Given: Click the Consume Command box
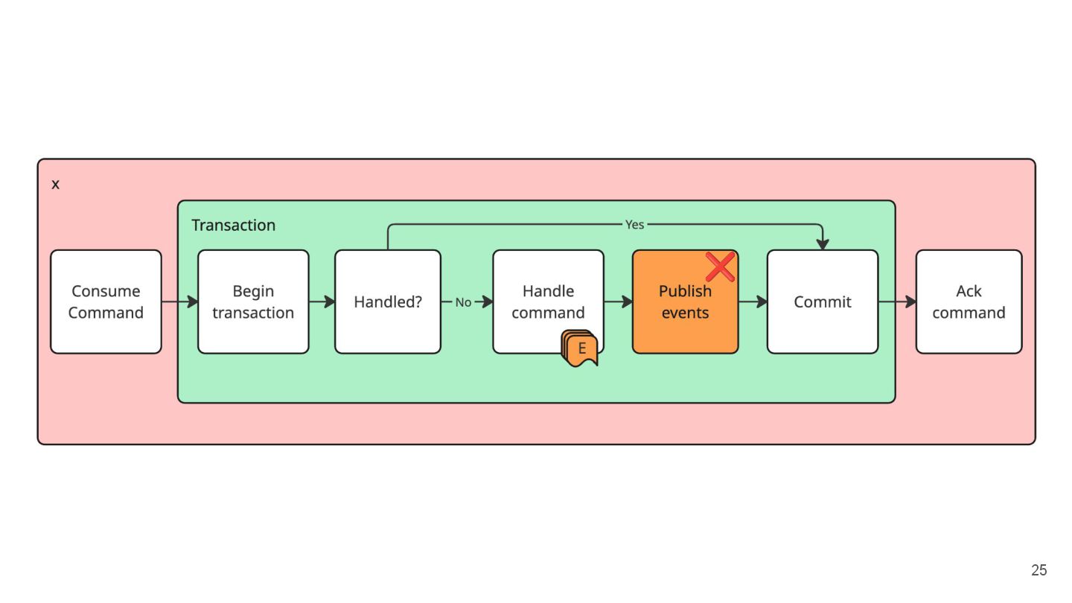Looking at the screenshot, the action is click(x=106, y=302).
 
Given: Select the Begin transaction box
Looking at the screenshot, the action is click(x=253, y=302).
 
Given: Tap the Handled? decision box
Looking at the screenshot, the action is click(x=388, y=302).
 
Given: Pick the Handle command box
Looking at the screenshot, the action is click(x=548, y=302).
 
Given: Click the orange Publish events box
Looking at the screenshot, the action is click(x=685, y=302).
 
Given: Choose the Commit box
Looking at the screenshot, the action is click(x=822, y=302).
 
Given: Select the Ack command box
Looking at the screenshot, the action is click(x=969, y=302).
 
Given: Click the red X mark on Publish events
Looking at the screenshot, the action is click(x=720, y=267).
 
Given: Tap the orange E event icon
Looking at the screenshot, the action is click(x=579, y=348).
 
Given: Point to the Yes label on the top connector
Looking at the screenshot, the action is click(x=634, y=225).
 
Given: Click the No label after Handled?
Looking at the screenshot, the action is click(x=463, y=302).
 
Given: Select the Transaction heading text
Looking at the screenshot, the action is click(x=234, y=225).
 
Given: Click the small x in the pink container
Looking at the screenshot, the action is click(x=56, y=185).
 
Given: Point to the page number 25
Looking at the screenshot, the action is click(x=1039, y=570).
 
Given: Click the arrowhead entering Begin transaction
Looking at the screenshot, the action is click(x=192, y=301).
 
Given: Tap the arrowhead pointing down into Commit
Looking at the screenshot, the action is click(x=822, y=244).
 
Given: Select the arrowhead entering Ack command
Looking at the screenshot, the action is click(x=910, y=301).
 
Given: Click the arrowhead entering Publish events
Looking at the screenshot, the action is click(x=627, y=301).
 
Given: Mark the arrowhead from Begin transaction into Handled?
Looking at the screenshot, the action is click(x=329, y=301).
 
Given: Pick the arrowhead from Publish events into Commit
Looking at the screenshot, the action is click(x=762, y=301).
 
